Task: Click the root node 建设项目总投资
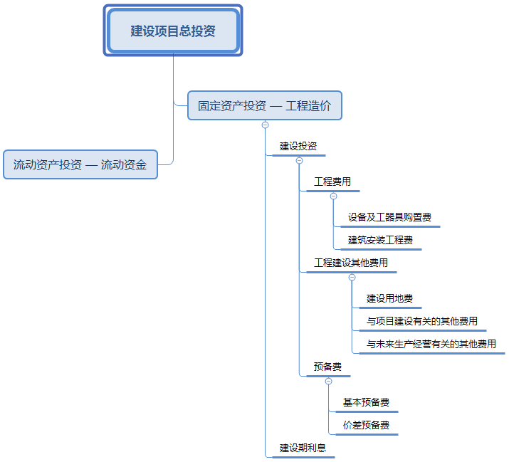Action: pyautogui.click(x=173, y=31)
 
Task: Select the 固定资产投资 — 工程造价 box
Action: pyautogui.click(x=264, y=105)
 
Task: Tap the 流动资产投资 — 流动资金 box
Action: pyautogui.click(x=80, y=164)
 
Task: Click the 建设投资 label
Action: pyautogui.click(x=298, y=146)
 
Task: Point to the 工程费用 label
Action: pyautogui.click(x=332, y=182)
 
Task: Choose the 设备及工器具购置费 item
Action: pyautogui.click(x=389, y=217)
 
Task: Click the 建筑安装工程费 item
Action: pyautogui.click(x=380, y=240)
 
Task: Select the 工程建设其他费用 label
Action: pyautogui.click(x=351, y=263)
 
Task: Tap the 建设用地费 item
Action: pyautogui.click(x=389, y=298)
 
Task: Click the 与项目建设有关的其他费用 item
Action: pyautogui.click(x=421, y=321)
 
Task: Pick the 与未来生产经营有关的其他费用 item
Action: pyautogui.click(x=431, y=344)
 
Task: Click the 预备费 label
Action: pyautogui.click(x=327, y=367)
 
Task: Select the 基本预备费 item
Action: pyautogui.click(x=366, y=402)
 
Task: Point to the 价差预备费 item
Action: pyautogui.click(x=366, y=425)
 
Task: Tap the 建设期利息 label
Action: pyautogui.click(x=303, y=448)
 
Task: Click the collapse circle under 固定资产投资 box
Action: pyautogui.click(x=265, y=125)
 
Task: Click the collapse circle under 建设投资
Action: pyautogui.click(x=299, y=160)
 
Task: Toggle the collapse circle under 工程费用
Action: pyautogui.click(x=333, y=196)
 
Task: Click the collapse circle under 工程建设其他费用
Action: pyautogui.click(x=352, y=277)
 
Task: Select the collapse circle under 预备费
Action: pyautogui.click(x=328, y=381)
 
